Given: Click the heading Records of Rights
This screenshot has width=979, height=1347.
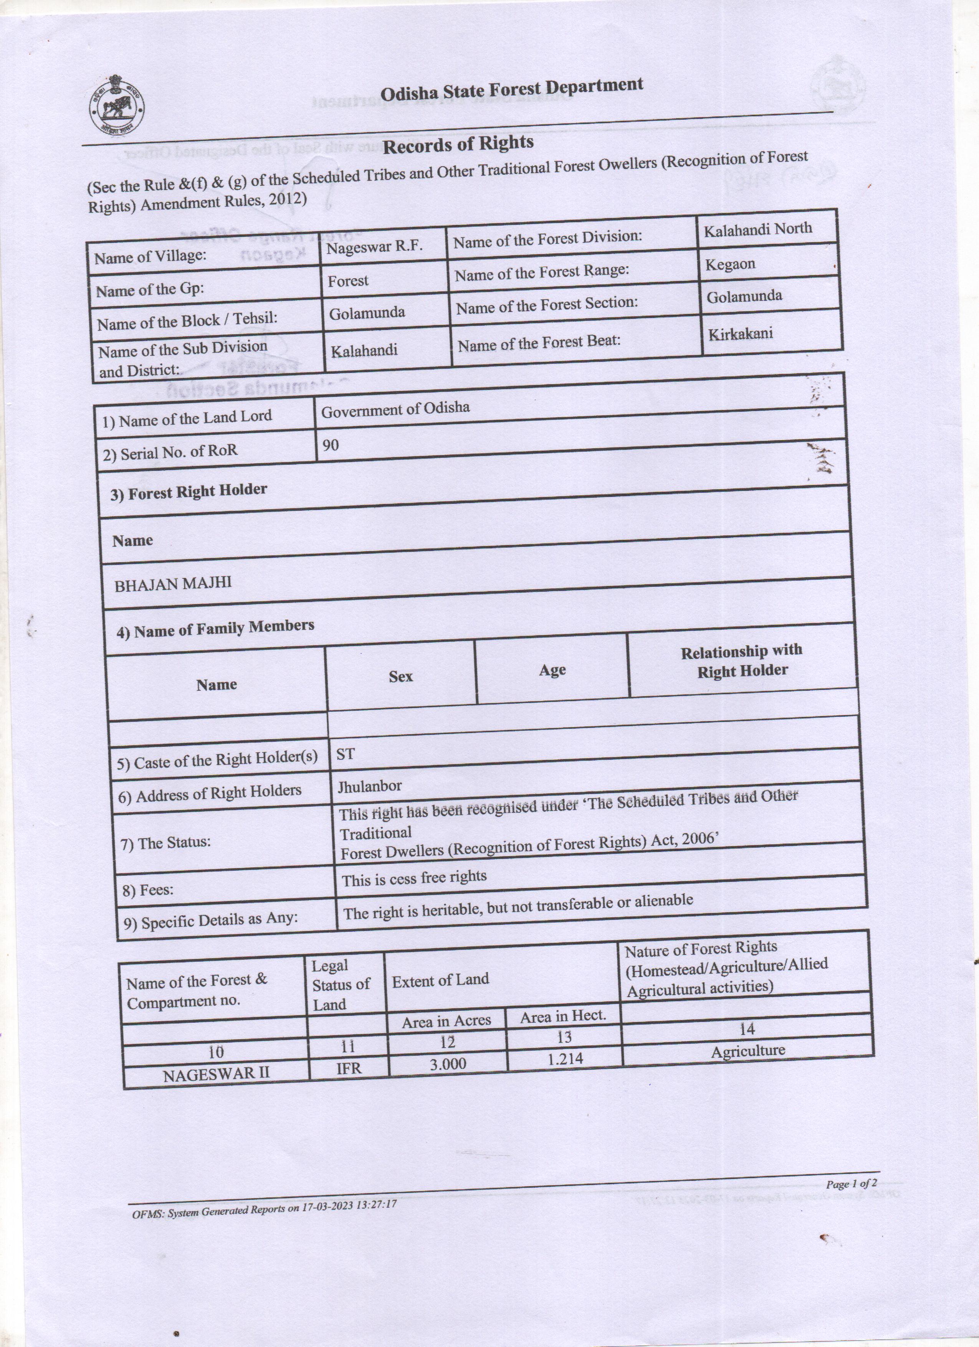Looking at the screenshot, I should tap(458, 144).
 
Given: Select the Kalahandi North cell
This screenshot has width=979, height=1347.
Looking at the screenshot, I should tap(757, 229).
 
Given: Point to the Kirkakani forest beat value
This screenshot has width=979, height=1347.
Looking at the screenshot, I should tap(740, 334).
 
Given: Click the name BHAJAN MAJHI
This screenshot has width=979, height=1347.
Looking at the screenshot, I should tap(173, 584).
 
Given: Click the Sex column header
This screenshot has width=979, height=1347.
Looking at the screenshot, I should tap(400, 677).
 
